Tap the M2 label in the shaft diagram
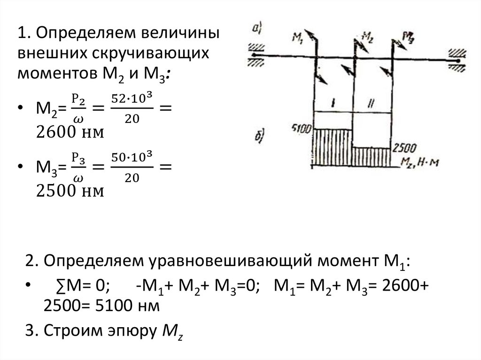pos(369,37)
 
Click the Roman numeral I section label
pos(333,102)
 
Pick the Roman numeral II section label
pos(372,102)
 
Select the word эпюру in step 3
pos(133,331)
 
